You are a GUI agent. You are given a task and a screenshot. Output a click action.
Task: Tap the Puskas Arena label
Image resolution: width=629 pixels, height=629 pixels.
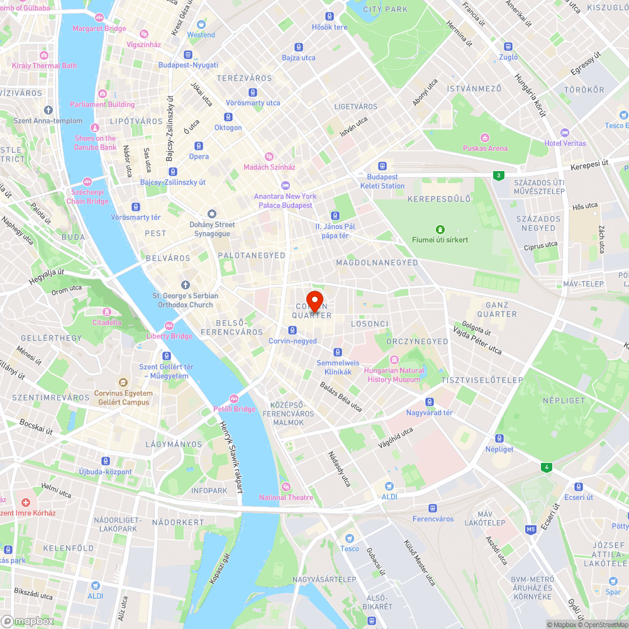click(x=485, y=148)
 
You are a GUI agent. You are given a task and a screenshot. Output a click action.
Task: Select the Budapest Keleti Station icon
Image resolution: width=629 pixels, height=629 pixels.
click(x=382, y=165)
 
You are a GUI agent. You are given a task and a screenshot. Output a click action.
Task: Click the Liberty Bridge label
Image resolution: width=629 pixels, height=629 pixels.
click(x=170, y=336)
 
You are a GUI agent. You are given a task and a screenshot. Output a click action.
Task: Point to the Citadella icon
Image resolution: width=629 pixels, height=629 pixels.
click(x=106, y=312)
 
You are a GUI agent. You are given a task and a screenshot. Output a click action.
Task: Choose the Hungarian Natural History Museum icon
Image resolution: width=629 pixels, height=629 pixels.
click(x=394, y=360)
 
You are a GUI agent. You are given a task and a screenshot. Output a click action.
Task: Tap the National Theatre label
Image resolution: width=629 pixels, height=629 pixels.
click(x=286, y=498)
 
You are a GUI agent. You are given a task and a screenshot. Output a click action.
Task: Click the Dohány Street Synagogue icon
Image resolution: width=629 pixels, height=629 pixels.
click(x=212, y=214)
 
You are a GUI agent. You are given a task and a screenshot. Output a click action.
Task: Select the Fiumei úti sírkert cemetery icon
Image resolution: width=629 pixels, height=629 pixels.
click(x=440, y=229)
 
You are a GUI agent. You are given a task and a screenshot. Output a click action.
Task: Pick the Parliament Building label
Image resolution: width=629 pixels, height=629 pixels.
click(x=103, y=104)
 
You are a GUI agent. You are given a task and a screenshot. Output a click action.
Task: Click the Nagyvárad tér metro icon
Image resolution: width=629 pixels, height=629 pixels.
click(x=430, y=402)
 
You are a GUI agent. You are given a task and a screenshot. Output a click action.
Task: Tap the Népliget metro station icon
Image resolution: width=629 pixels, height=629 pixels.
click(x=499, y=438)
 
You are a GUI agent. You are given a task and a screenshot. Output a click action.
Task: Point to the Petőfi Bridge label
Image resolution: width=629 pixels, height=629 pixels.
click(x=234, y=409)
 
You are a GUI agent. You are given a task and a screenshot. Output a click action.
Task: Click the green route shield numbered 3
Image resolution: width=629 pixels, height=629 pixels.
click(x=499, y=175)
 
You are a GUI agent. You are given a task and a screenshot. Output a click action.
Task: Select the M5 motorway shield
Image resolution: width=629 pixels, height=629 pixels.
click(x=532, y=530)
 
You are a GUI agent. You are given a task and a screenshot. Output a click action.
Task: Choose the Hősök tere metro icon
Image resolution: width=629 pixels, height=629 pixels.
click(x=330, y=16)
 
